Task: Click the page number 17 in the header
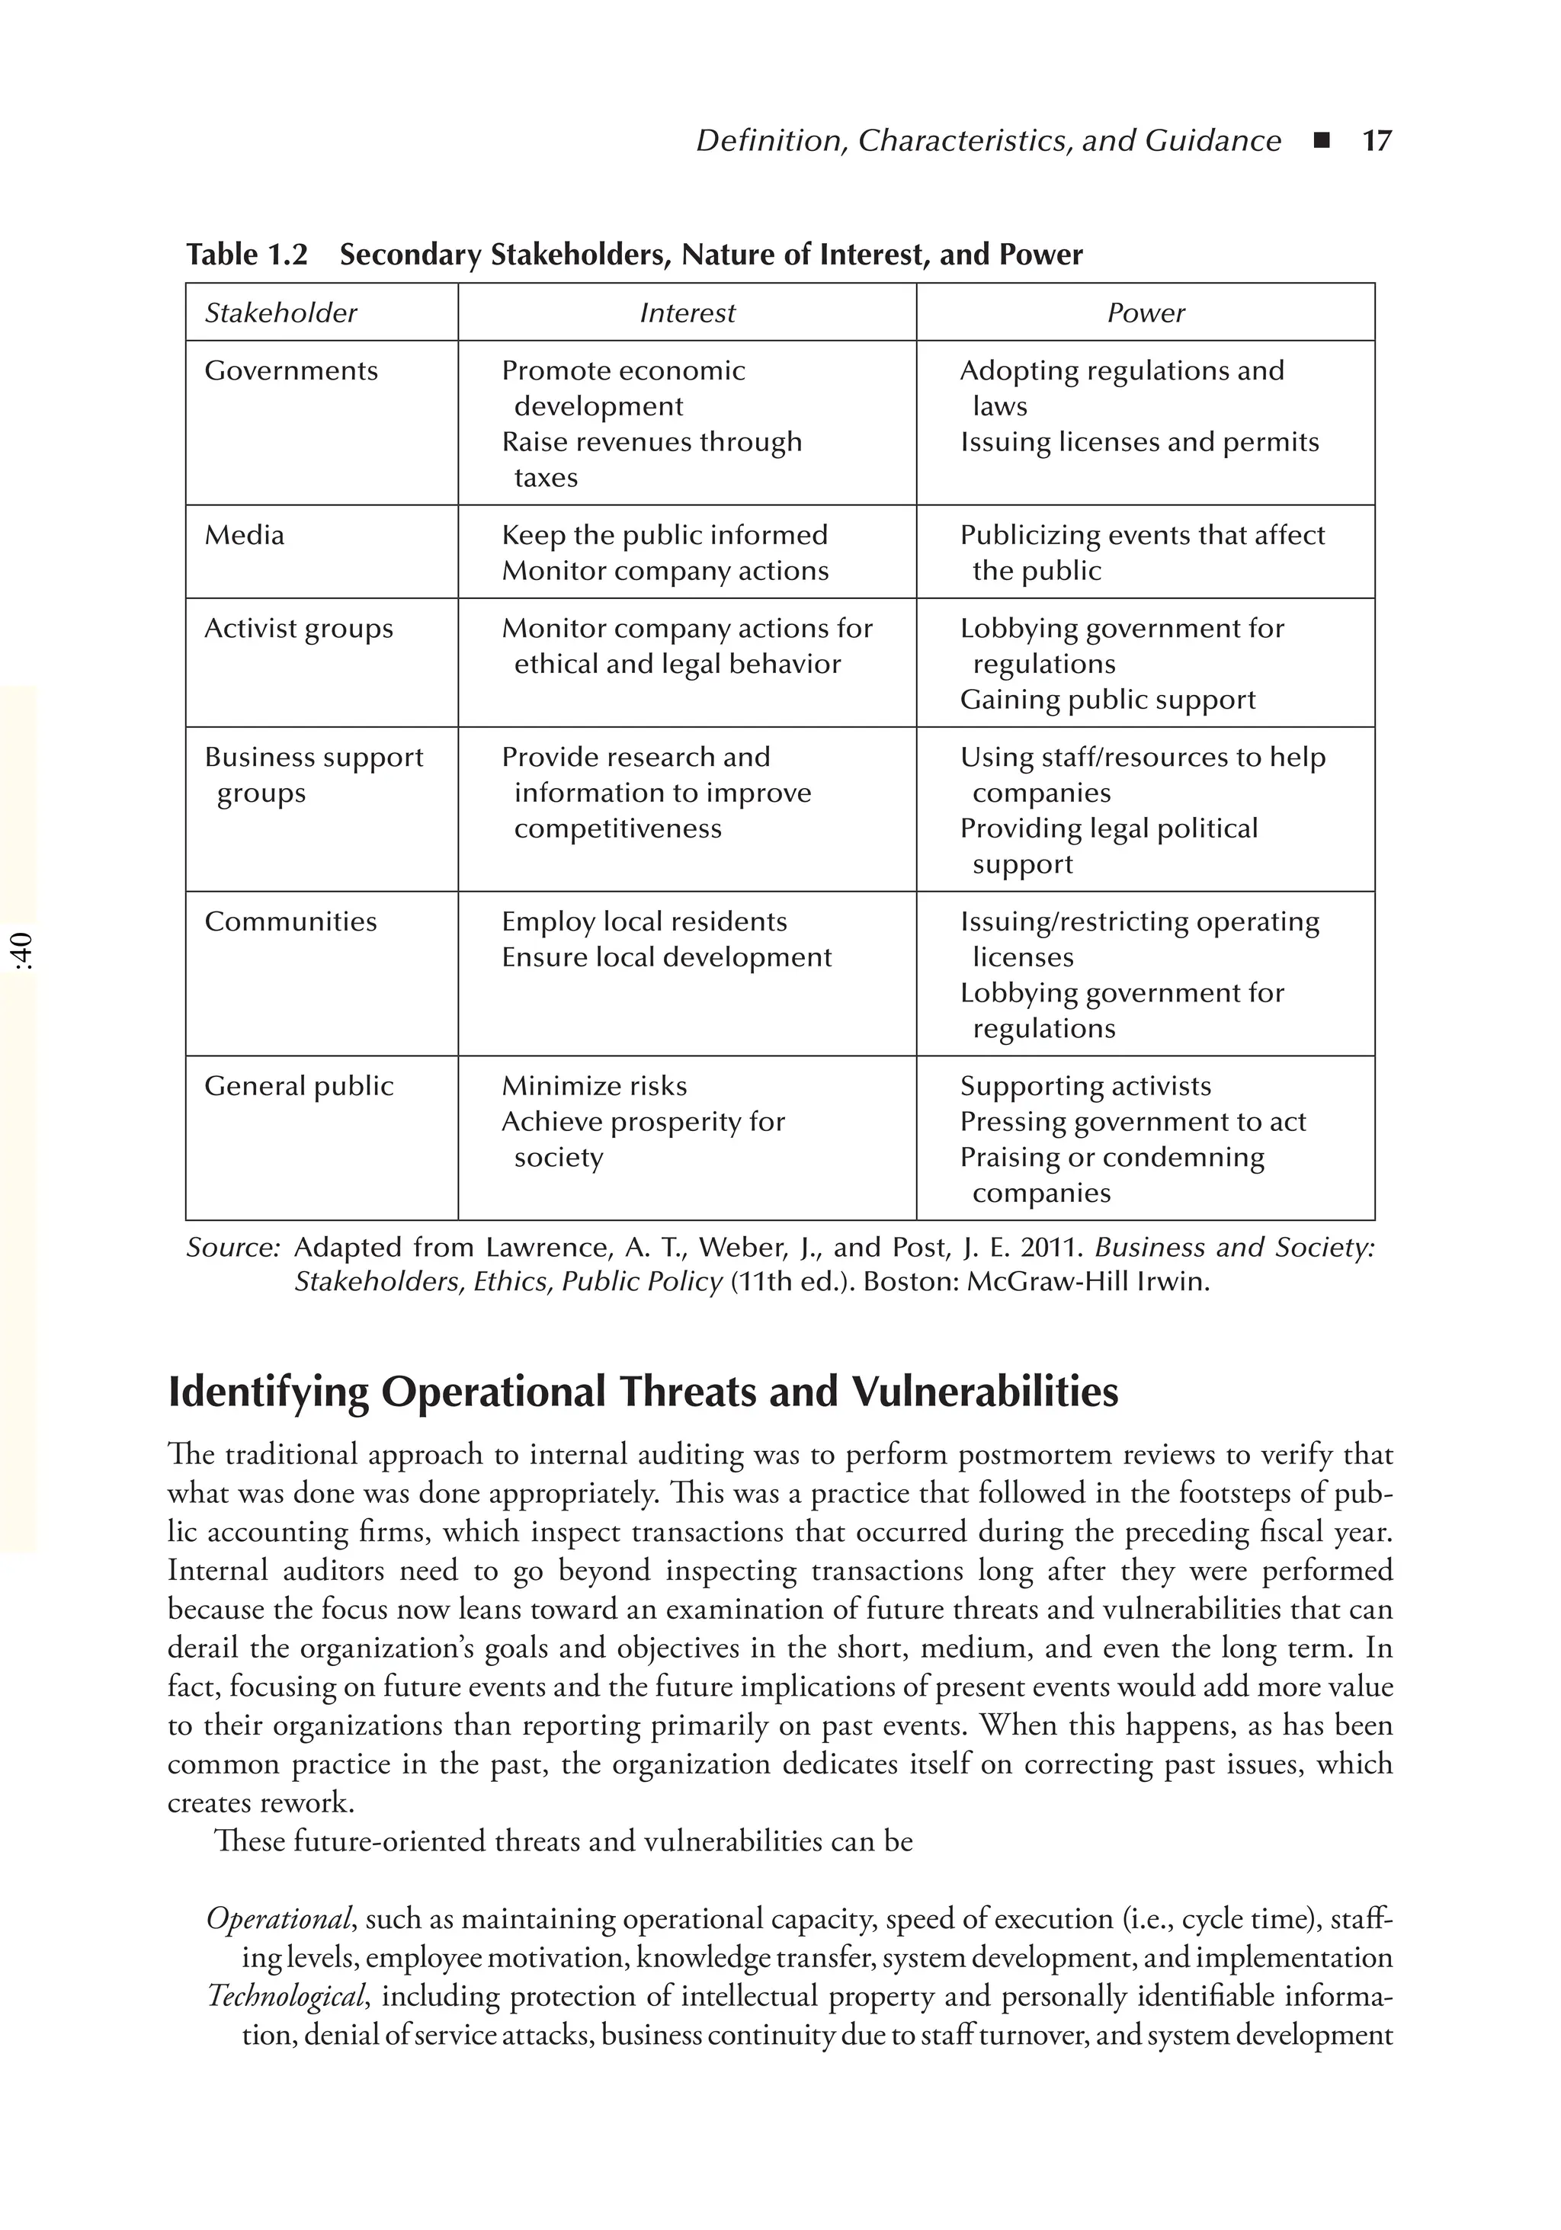tap(1377, 142)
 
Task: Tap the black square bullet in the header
tap(1320, 142)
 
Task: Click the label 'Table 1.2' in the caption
tap(247, 255)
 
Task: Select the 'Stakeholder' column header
tap(280, 312)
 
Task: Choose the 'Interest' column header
tap(687, 312)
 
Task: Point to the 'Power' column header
tap(1146, 312)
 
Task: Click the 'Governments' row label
tap(290, 371)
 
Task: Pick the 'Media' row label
tap(244, 535)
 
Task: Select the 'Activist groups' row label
tap(298, 630)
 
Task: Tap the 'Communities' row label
tap(290, 921)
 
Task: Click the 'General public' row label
tap(298, 1086)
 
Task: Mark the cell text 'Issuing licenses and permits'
tap(1139, 443)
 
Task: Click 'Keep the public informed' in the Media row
tap(665, 535)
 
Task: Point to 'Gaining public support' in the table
tap(1107, 700)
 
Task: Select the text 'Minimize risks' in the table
tap(594, 1086)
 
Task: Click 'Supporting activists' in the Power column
tap(1085, 1086)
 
